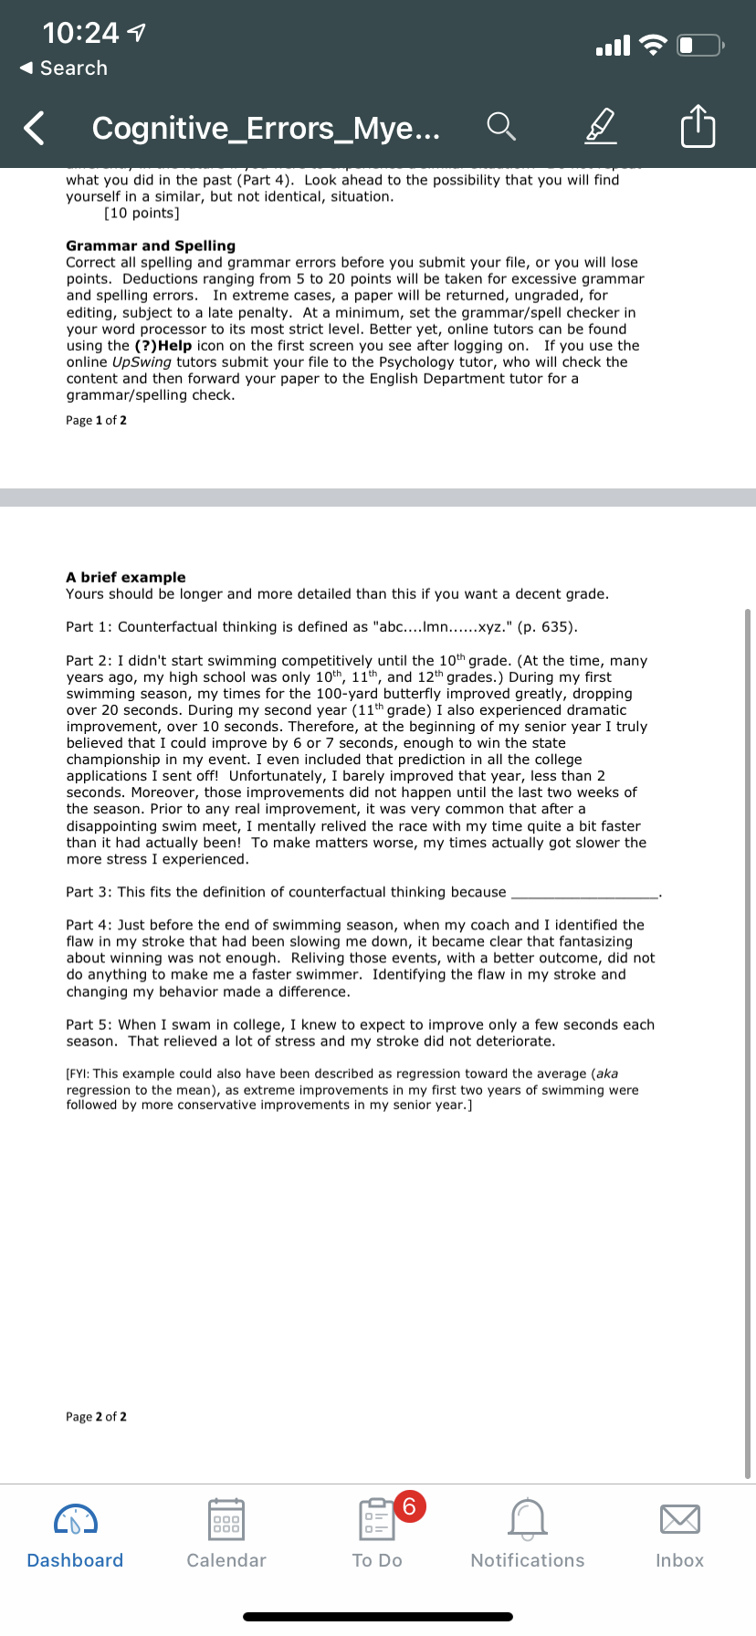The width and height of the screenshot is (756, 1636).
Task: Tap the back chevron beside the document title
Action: [x=34, y=128]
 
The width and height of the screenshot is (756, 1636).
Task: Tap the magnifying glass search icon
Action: [x=501, y=127]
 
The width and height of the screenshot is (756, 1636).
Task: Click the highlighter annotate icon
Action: [x=600, y=127]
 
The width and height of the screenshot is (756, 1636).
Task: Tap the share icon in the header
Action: [x=698, y=127]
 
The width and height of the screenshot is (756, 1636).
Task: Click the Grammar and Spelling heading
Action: [x=151, y=246]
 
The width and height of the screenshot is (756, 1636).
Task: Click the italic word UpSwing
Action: [x=142, y=362]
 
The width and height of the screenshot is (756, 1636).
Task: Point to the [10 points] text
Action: [x=142, y=214]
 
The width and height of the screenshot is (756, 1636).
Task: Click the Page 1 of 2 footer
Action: [x=96, y=420]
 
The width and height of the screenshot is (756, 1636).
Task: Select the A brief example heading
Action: [x=126, y=577]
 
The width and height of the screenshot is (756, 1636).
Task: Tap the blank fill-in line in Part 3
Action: [x=584, y=893]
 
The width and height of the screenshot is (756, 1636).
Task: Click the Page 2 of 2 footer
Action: [x=96, y=1417]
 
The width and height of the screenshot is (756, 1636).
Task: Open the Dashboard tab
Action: [x=75, y=1534]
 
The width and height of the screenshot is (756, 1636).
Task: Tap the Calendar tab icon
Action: [x=226, y=1520]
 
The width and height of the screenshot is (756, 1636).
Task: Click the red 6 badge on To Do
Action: [x=409, y=1505]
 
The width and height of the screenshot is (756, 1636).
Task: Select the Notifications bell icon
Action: [x=528, y=1519]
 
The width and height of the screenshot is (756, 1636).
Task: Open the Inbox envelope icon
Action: [x=679, y=1519]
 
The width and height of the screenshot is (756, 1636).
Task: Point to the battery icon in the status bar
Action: [x=699, y=45]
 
